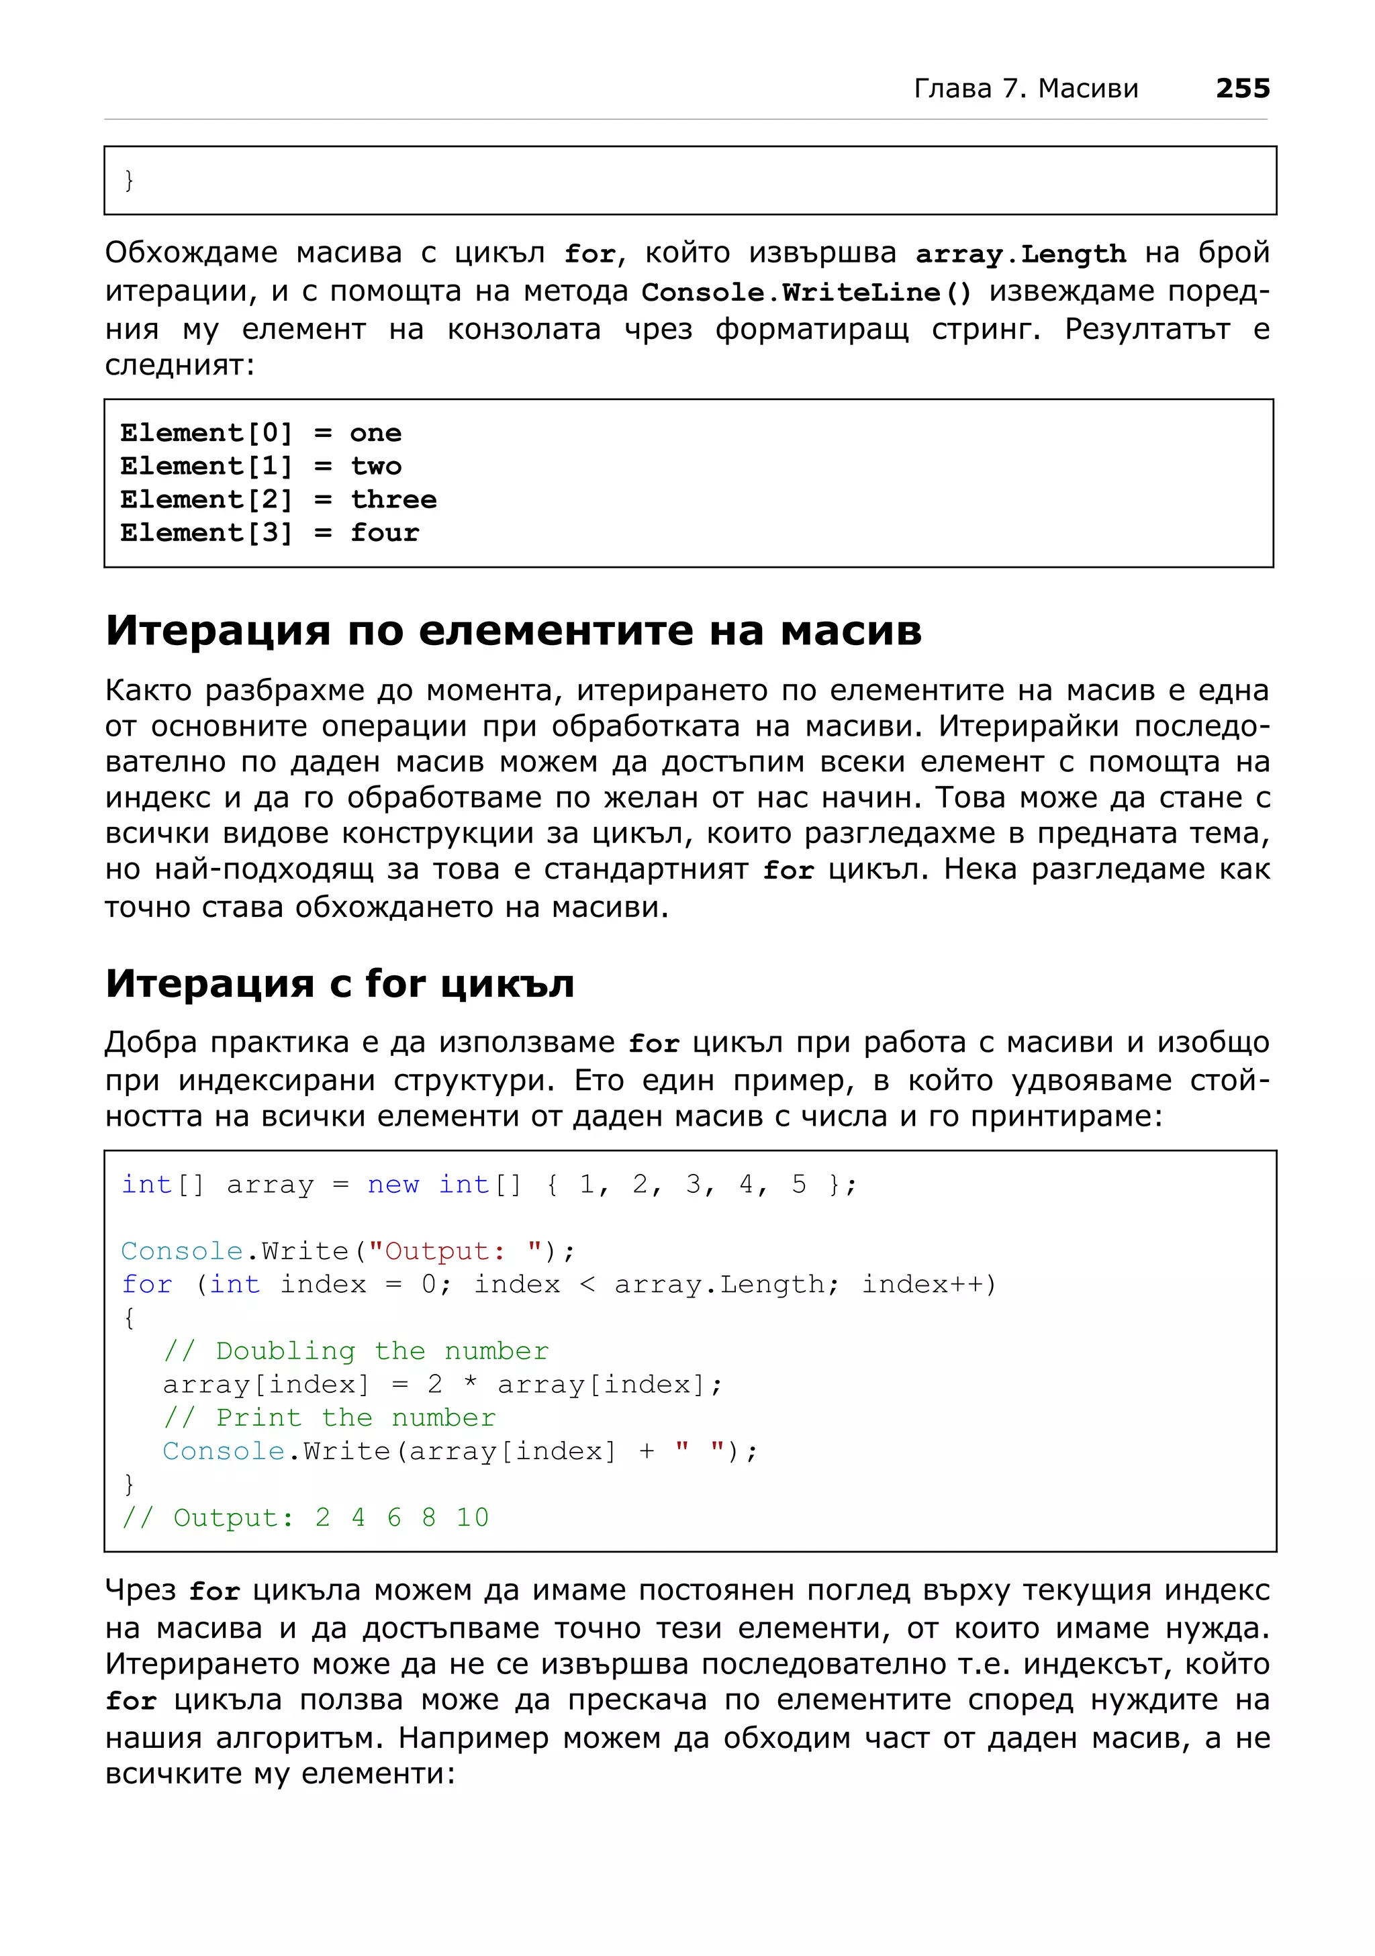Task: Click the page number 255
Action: tap(1241, 89)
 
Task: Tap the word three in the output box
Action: tap(393, 499)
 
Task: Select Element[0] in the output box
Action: tap(206, 433)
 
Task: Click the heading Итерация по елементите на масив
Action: tap(513, 631)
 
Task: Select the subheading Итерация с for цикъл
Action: tap(339, 983)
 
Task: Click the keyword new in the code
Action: tap(393, 1184)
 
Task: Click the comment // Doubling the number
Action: tap(356, 1351)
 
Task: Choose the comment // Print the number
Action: tap(329, 1417)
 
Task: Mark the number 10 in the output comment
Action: tap(472, 1517)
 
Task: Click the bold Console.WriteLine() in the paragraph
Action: tap(806, 292)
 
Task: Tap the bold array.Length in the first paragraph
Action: tap(1020, 254)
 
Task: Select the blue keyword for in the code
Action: tap(146, 1284)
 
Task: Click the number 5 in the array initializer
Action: tap(798, 1184)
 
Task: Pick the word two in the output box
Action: tap(376, 466)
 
